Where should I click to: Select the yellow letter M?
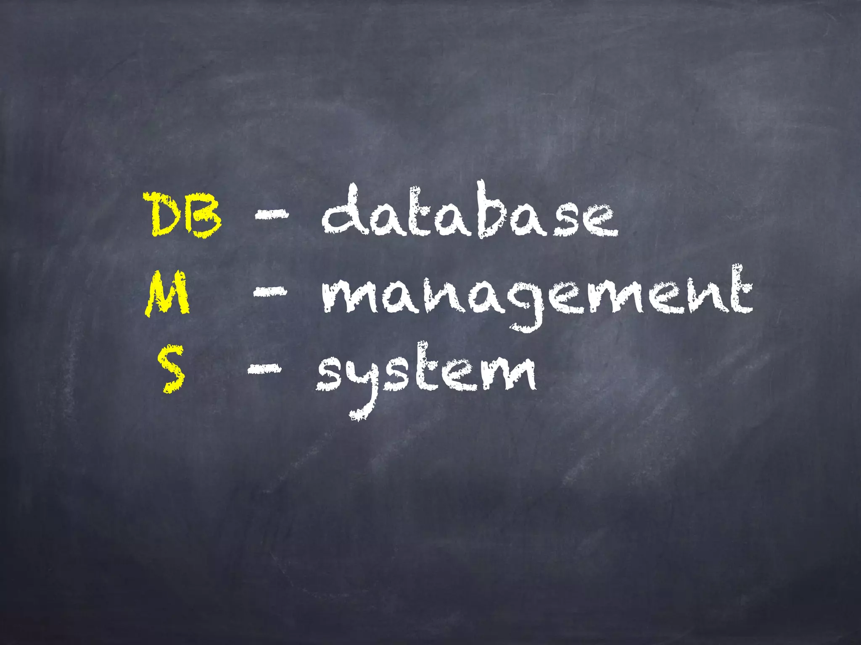click(x=167, y=294)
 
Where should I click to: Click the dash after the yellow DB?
click(x=272, y=214)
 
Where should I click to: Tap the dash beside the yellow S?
click(x=264, y=369)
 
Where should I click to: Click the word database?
click(x=469, y=212)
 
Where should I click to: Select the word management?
click(x=536, y=294)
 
